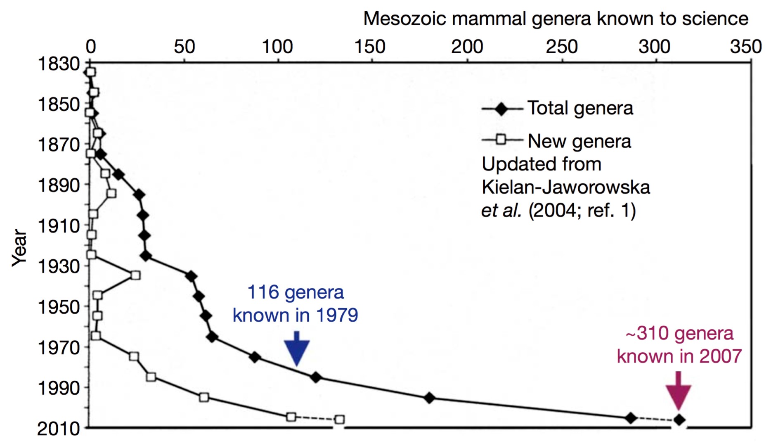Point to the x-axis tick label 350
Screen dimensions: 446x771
[745, 47]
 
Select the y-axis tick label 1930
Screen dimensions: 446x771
[59, 266]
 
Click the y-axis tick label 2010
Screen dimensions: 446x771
[59, 429]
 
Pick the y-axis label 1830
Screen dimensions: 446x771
[59, 64]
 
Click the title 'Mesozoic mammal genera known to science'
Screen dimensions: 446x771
[555, 19]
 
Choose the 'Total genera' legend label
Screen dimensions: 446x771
[580, 108]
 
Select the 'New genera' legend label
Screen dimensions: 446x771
[579, 141]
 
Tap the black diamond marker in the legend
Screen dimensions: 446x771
[501, 109]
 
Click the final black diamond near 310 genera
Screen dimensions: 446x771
[679, 420]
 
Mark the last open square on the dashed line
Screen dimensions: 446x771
[339, 420]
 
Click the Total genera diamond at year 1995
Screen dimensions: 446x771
[430, 398]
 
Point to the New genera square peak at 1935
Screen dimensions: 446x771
[135, 275]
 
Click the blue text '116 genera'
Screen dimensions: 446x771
[295, 292]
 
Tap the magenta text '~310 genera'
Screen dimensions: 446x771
[679, 334]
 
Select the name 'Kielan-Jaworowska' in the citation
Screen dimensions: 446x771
[565, 187]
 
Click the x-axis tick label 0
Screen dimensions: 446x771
[90, 47]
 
